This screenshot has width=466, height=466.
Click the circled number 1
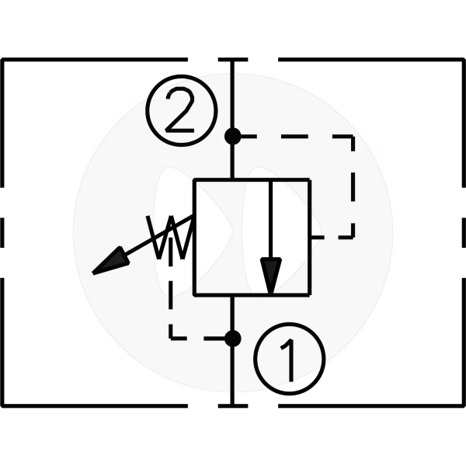point(288,358)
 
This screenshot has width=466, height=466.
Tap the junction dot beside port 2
point(232,137)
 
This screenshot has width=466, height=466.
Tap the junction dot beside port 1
point(232,339)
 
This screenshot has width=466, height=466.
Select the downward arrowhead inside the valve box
point(270,276)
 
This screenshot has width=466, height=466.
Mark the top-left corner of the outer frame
point(3,60)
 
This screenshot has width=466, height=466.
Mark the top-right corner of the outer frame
point(463,60)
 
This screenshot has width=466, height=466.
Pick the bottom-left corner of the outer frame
point(3,405)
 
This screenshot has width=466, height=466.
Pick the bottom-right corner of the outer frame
point(463,405)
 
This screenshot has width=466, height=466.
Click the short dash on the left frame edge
point(3,232)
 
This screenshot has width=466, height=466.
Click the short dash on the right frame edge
point(463,232)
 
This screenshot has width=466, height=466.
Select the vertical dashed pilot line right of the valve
point(354,186)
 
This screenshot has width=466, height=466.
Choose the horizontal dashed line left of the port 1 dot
point(198,339)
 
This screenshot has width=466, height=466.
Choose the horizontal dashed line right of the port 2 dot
point(295,137)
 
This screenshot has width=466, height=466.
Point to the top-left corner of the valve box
point(194,179)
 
